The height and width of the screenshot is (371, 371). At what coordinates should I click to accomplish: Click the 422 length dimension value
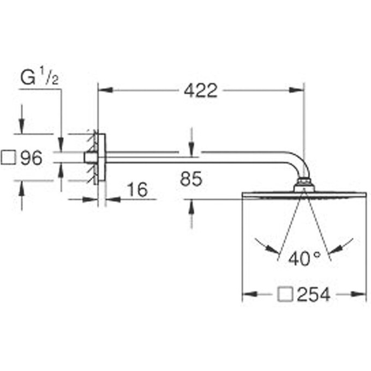[x=200, y=91]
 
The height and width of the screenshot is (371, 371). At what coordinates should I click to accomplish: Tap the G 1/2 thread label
[x=39, y=76]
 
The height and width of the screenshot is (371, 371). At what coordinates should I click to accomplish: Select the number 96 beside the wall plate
[x=31, y=158]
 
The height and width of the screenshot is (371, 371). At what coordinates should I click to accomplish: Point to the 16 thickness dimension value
[x=137, y=189]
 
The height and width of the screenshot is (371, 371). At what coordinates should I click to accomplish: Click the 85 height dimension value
[x=191, y=179]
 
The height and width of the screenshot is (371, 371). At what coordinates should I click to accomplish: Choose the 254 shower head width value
[x=314, y=295]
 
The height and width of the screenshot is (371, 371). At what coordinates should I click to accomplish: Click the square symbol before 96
[x=8, y=158]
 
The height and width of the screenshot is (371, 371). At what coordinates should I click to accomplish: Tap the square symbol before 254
[x=285, y=295]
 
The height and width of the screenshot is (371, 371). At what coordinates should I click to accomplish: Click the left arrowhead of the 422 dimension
[x=105, y=90]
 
